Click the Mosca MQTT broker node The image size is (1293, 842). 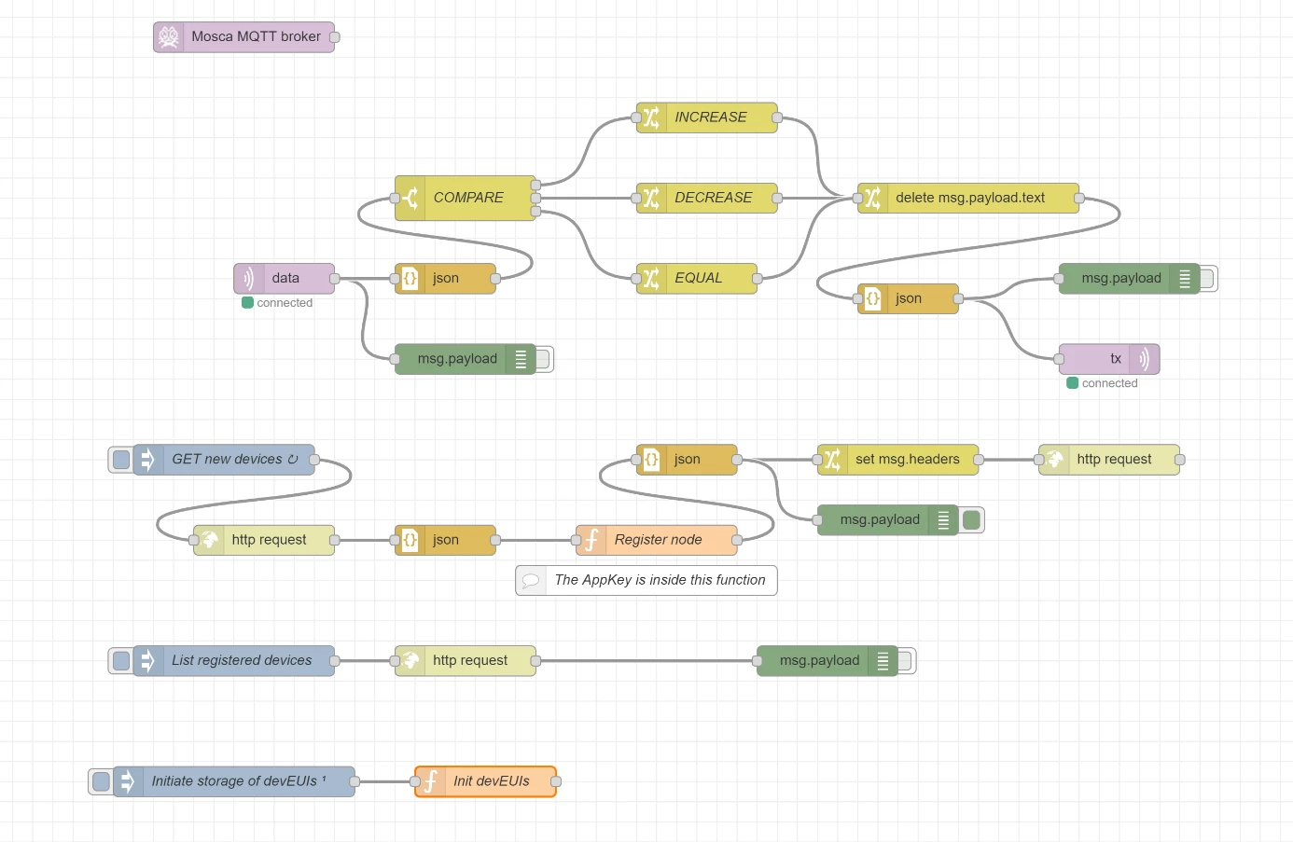pos(243,37)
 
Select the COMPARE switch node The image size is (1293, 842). pos(466,198)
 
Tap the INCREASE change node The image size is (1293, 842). pos(706,117)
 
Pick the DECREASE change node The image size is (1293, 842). pos(706,198)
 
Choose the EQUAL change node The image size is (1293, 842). pos(696,279)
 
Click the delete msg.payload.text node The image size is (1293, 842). pos(968,198)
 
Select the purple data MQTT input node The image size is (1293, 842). pos(284,279)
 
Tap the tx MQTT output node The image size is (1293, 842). pos(1109,359)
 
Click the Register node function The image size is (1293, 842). pos(657,540)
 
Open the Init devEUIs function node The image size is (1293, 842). pos(485,781)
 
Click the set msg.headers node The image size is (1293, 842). pos(897,460)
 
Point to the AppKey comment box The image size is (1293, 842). pos(646,580)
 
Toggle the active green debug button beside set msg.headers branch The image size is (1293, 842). pos(971,520)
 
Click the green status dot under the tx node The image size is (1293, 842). pos(1072,383)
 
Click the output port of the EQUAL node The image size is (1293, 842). pos(758,279)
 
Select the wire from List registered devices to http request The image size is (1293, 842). pos(365,661)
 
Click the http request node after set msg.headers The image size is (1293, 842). pos(1109,460)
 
